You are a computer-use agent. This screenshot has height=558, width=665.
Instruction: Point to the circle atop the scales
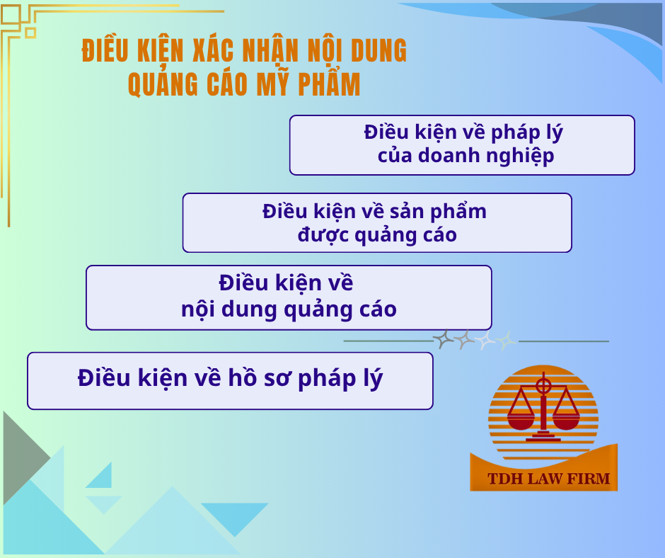coord(543,387)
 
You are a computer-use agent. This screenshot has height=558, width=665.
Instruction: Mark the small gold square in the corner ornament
coord(30,33)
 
